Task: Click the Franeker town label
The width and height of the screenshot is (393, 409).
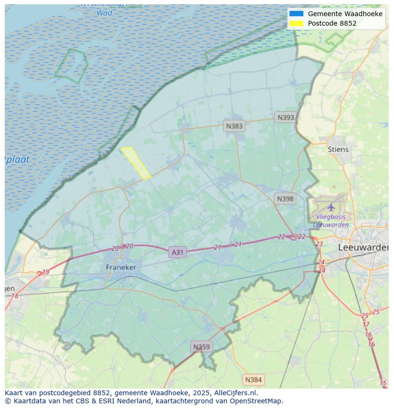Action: [121, 267]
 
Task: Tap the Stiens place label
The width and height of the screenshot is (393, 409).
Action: [338, 149]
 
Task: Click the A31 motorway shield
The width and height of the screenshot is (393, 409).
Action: [177, 252]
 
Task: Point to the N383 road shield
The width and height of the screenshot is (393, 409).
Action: [234, 126]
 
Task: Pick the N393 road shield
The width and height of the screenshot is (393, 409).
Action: [286, 117]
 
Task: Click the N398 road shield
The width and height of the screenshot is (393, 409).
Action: [285, 199]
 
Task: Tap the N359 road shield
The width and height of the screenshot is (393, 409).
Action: [201, 347]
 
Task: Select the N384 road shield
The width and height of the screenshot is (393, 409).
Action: [253, 380]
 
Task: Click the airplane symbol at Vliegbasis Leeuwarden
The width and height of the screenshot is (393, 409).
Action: [331, 207]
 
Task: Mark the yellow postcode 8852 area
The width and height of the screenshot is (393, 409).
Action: [136, 162]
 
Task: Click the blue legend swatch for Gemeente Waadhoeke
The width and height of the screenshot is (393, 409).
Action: [296, 14]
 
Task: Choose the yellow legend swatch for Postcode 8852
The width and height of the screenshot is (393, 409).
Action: [296, 23]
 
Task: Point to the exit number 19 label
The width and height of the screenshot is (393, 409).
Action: [46, 272]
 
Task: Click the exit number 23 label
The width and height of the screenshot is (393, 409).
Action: [319, 244]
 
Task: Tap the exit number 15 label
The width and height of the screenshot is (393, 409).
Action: [383, 383]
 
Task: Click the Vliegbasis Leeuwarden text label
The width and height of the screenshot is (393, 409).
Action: [331, 221]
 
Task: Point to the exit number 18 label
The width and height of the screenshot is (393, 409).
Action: [15, 296]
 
